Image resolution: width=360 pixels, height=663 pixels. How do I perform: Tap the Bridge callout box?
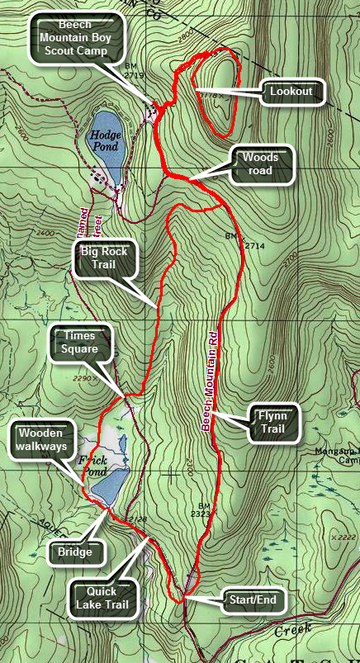point(74,551)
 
